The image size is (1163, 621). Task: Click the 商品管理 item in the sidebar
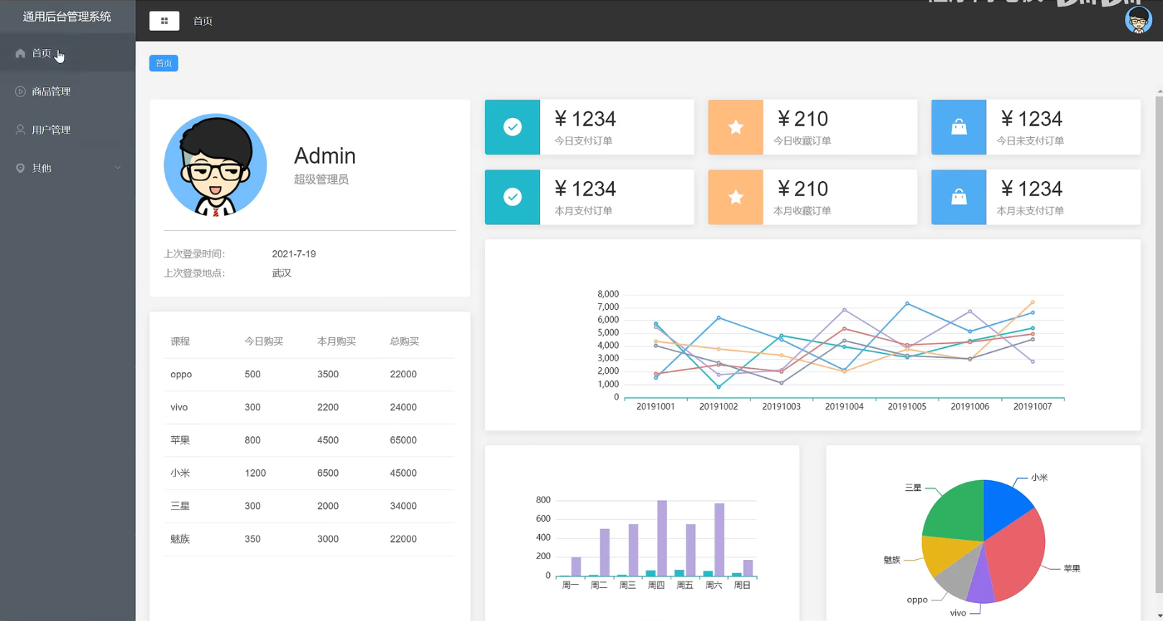pyautogui.click(x=51, y=91)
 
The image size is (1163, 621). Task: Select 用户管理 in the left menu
pyautogui.click(x=51, y=129)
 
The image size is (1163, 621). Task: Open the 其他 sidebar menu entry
pyautogui.click(x=42, y=167)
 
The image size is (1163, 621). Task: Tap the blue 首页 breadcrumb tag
pyautogui.click(x=164, y=63)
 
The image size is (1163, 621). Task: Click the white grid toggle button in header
pyautogui.click(x=164, y=21)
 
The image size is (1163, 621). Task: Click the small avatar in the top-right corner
pyautogui.click(x=1138, y=21)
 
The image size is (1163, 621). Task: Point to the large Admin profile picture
pyautogui.click(x=215, y=165)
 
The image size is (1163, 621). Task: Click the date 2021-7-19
pyautogui.click(x=293, y=254)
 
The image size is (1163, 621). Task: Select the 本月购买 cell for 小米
pyautogui.click(x=328, y=473)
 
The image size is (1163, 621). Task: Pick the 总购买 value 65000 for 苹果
pyautogui.click(x=403, y=440)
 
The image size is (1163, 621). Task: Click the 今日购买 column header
pyautogui.click(x=263, y=341)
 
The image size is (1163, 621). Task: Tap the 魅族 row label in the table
pyautogui.click(x=180, y=539)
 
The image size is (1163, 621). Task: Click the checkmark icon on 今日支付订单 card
pyautogui.click(x=512, y=127)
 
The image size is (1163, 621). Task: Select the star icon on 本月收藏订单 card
pyautogui.click(x=735, y=197)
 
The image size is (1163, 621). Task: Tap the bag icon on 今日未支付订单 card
pyautogui.click(x=959, y=127)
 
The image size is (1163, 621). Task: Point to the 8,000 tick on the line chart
pyautogui.click(x=607, y=294)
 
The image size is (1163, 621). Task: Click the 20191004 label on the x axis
pyautogui.click(x=844, y=407)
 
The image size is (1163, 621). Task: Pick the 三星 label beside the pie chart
pyautogui.click(x=913, y=487)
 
